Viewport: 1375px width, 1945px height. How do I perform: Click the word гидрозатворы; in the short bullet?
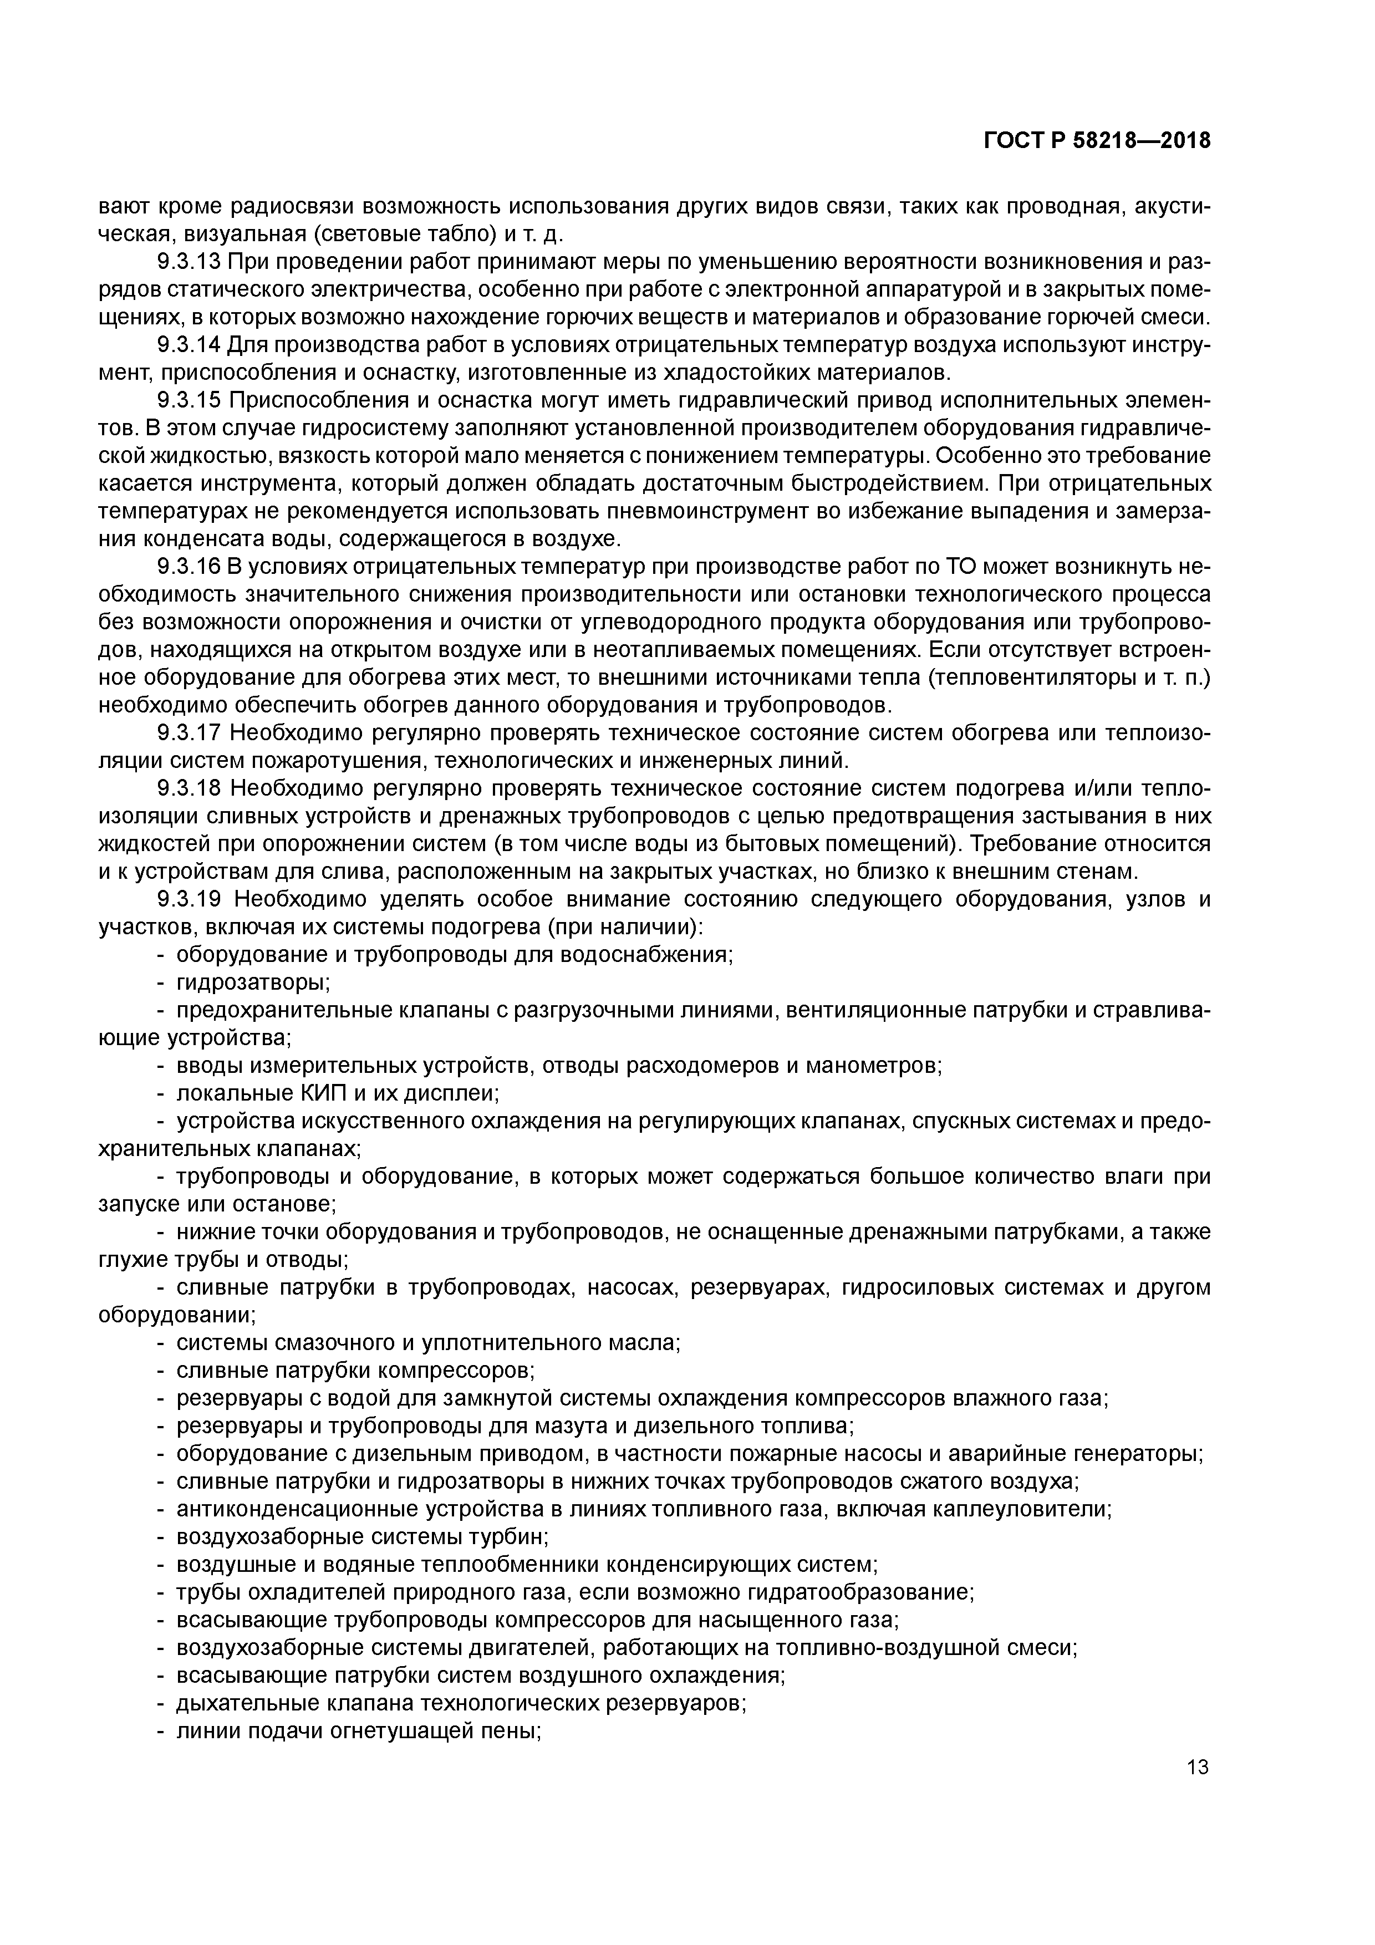(252, 982)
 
